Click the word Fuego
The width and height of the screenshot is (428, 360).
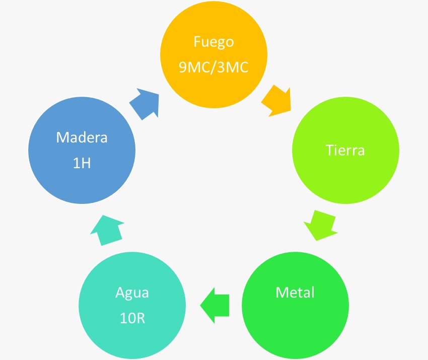click(x=213, y=42)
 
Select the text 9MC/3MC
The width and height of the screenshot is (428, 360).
click(x=213, y=67)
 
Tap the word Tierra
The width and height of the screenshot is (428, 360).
click(x=345, y=150)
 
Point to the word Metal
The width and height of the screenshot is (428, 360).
click(x=295, y=292)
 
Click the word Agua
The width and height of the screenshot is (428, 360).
click(x=132, y=293)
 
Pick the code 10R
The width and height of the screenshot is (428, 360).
click(x=132, y=318)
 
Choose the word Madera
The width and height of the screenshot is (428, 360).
click(x=82, y=137)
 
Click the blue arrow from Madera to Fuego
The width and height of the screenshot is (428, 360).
click(x=145, y=103)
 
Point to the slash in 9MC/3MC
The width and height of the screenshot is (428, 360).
click(x=215, y=67)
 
